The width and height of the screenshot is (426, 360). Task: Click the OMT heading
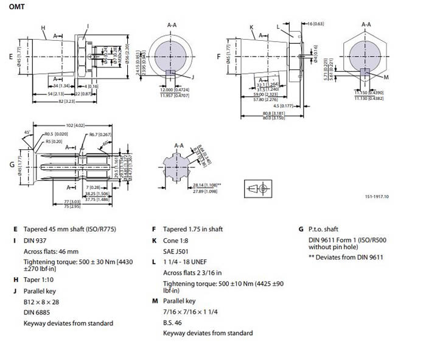pos(17,7)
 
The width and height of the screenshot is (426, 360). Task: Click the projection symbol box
pos(258,188)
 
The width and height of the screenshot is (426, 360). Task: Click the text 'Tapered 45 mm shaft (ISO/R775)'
pos(68,230)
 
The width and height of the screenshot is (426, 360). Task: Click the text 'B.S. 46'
pos(173,323)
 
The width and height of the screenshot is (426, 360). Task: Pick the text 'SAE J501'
pos(176,250)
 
